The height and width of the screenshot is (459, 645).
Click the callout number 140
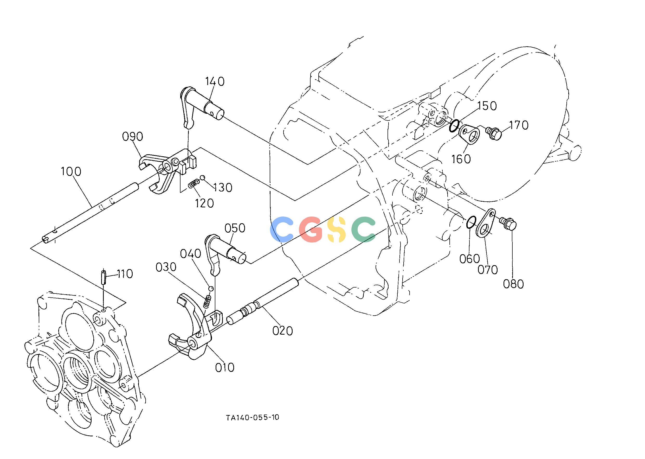[215, 81]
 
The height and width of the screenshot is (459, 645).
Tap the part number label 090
[132, 137]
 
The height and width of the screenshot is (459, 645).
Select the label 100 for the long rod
[71, 171]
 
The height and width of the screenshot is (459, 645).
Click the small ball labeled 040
[210, 288]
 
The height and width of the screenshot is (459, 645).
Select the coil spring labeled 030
[207, 302]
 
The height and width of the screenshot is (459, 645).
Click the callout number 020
[282, 331]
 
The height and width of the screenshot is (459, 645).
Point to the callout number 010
[225, 367]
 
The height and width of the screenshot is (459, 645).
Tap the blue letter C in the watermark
[282, 229]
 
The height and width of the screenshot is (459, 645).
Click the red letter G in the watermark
[311, 229]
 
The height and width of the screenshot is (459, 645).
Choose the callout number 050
[235, 228]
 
